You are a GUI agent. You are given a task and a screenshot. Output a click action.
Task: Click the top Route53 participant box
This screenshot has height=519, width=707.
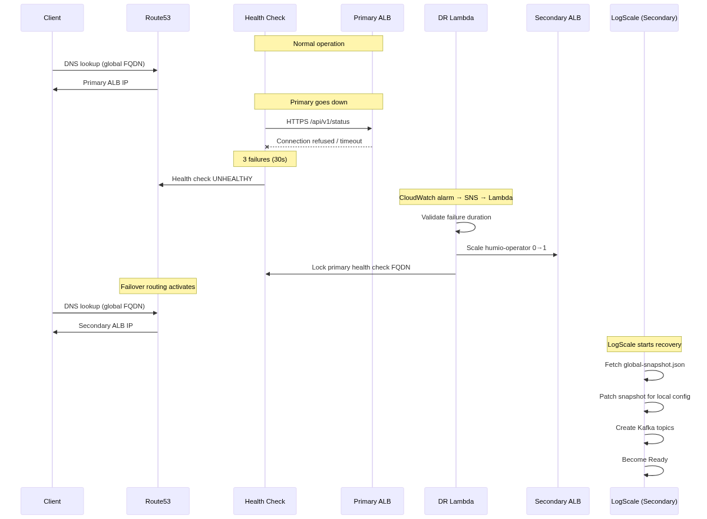point(158,18)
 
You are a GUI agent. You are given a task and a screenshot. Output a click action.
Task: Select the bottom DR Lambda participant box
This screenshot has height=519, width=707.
point(455,501)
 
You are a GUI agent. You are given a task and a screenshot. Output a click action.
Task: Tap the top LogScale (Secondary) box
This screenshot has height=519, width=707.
point(644,18)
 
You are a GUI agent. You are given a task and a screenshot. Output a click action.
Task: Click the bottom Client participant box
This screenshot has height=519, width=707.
point(52,501)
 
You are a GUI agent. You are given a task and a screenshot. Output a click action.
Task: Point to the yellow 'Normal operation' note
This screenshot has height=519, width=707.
point(319,43)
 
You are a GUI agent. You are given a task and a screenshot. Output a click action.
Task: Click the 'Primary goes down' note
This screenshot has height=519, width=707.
point(319,101)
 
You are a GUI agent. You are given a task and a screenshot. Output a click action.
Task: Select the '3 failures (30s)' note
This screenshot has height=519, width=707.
point(265,159)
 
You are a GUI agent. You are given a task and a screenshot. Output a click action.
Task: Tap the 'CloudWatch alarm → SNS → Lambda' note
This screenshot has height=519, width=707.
point(455,198)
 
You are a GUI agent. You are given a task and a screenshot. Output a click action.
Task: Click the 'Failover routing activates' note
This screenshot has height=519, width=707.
point(158,287)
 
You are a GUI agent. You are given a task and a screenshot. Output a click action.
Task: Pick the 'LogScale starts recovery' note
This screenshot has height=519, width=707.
point(644,344)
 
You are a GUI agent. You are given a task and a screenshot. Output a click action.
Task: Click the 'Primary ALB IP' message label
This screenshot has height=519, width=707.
point(105,83)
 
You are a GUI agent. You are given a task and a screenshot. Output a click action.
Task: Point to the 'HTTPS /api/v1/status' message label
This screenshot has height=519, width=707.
point(318,121)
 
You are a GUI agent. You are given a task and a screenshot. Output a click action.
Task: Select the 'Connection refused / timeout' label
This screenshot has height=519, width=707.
point(319,141)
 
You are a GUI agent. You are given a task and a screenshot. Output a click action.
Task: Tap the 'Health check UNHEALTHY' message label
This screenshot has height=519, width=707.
point(212,179)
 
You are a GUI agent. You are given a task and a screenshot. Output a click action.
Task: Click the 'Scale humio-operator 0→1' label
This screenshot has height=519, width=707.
point(507,248)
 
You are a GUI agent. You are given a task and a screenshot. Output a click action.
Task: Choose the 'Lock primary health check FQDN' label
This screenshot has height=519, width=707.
point(361,267)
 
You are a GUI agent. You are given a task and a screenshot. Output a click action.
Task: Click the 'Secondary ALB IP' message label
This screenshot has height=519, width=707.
point(105,326)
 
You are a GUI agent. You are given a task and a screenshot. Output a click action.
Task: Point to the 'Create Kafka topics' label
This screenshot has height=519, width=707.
point(645,428)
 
